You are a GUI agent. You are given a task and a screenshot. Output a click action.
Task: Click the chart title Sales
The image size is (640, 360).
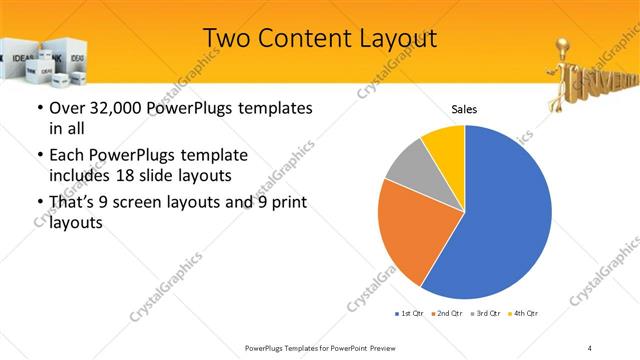coord(464,109)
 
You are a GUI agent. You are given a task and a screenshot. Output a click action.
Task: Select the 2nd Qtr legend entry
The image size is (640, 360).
coord(447,314)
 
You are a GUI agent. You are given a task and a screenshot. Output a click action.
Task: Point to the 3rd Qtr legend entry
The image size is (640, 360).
coord(487,314)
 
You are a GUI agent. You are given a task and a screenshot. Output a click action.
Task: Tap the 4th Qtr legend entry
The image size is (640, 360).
coord(525,314)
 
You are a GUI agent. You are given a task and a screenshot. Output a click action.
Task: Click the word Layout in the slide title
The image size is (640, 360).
coord(393,38)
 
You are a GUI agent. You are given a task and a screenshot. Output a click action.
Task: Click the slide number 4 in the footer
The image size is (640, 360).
coord(590,347)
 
